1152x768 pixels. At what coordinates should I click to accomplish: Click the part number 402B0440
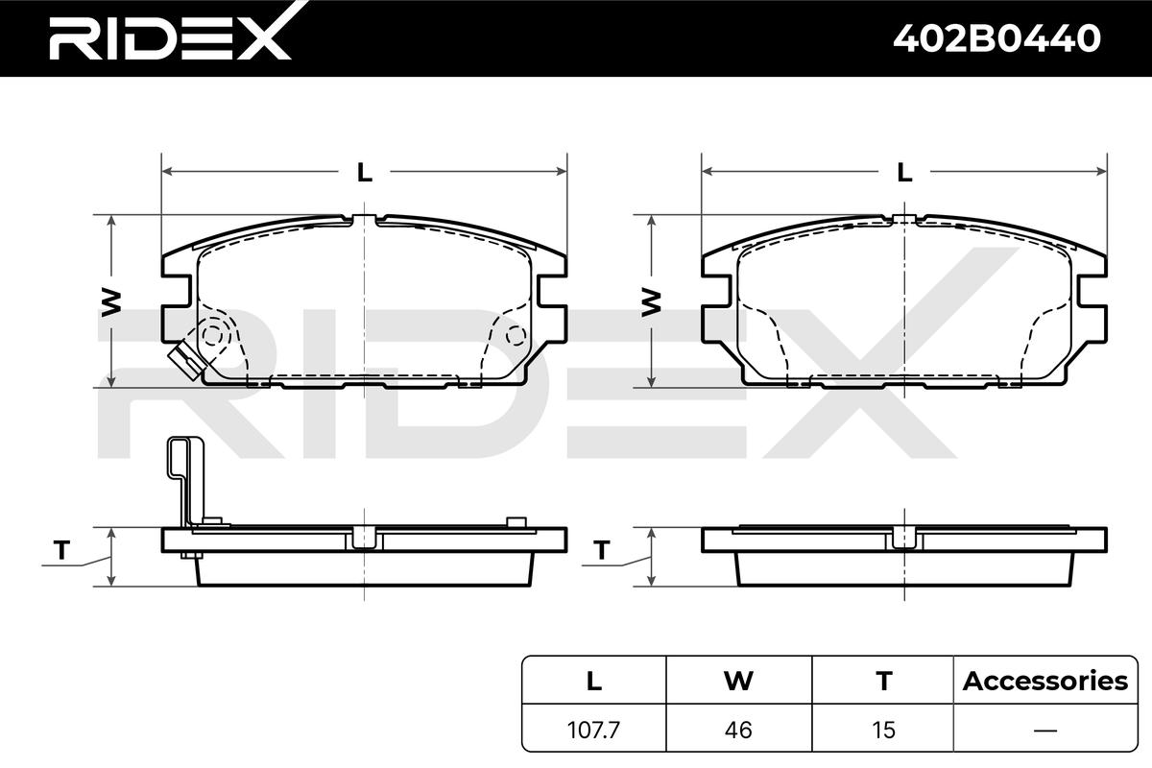point(996,38)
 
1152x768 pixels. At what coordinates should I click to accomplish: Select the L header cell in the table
point(594,681)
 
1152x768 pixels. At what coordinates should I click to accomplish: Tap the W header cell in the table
point(738,681)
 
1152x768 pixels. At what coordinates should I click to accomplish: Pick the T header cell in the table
point(883,681)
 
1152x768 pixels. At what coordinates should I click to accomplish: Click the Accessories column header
point(1045,681)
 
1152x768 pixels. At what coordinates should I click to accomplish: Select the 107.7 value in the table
point(594,730)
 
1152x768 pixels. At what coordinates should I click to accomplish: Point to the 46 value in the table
point(738,730)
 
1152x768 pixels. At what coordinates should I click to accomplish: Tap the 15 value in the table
point(883,730)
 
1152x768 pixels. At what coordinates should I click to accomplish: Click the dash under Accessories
point(1045,730)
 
